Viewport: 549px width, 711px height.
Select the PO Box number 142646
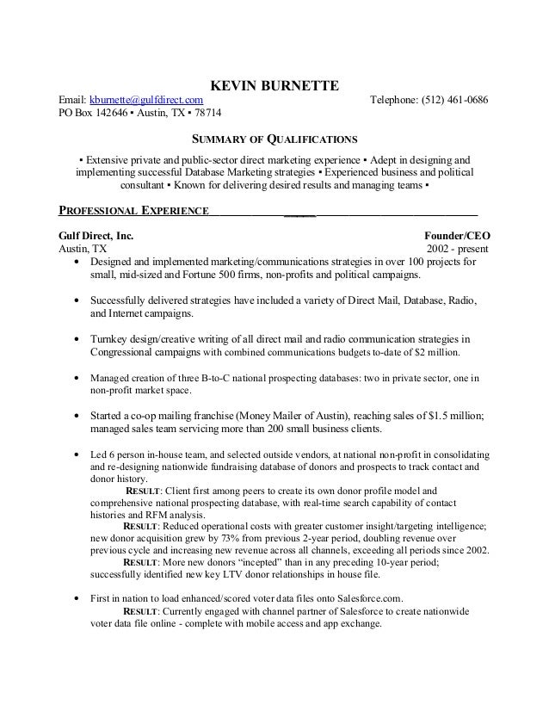[x=106, y=114]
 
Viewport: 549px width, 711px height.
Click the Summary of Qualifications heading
[x=274, y=139]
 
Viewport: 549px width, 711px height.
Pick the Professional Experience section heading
[x=133, y=210]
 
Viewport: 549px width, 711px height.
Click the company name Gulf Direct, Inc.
[x=96, y=234]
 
